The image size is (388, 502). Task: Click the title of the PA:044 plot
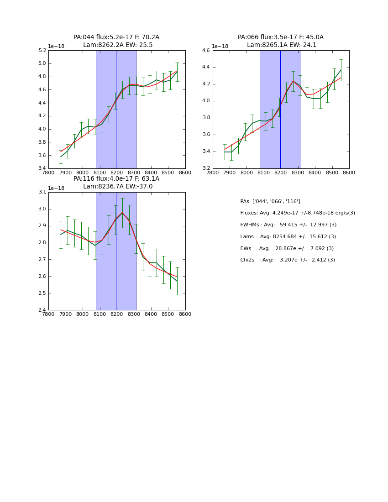[x=116, y=41]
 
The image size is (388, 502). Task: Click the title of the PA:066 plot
[x=280, y=41]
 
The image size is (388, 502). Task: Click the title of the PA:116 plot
[x=116, y=183]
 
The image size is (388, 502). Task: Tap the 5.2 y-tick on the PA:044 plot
[x=42, y=51]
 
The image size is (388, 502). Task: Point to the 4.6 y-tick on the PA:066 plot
[x=205, y=51]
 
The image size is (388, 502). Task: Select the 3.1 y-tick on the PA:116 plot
[x=42, y=192]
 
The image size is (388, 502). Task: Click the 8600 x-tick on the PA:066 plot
[x=349, y=173]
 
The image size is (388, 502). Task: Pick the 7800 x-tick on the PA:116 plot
[x=48, y=314]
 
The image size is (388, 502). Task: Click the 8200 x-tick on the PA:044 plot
[x=116, y=173]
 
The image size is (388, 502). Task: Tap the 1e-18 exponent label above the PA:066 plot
[x=220, y=47]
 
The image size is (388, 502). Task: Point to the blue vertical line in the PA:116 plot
[x=116, y=274]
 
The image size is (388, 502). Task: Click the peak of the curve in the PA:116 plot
[x=122, y=213]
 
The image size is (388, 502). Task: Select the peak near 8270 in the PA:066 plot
[x=293, y=81]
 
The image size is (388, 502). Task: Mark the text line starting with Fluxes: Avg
[x=298, y=213]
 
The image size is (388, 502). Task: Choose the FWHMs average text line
[x=288, y=225]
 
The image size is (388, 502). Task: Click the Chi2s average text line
[x=288, y=260]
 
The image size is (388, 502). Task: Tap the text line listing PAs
[x=270, y=202]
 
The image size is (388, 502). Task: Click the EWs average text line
[x=287, y=249]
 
